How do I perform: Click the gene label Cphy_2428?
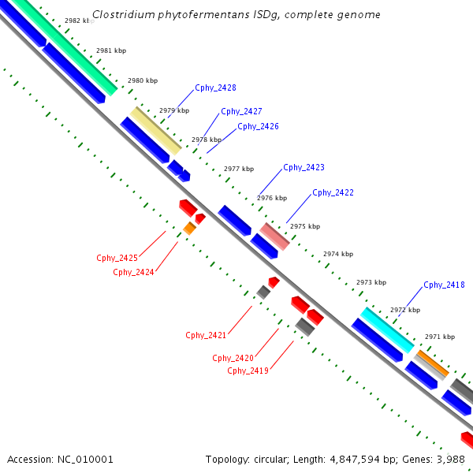click(215, 88)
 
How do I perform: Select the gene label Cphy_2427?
click(241, 112)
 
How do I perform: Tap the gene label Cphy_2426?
click(258, 126)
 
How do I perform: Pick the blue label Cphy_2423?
click(304, 167)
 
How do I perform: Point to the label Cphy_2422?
click(333, 192)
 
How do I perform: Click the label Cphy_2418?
click(444, 285)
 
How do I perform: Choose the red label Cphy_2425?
click(117, 258)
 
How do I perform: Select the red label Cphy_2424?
click(133, 272)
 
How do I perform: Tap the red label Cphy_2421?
click(206, 335)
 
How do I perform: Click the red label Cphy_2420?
click(233, 358)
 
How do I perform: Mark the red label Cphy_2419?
click(248, 371)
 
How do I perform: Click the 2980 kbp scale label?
click(143, 81)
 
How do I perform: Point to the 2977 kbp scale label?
click(239, 169)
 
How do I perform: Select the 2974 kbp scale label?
click(338, 254)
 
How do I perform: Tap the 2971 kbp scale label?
click(440, 337)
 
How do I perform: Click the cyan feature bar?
click(387, 330)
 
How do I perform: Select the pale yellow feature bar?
click(156, 130)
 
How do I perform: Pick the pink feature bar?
click(275, 235)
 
